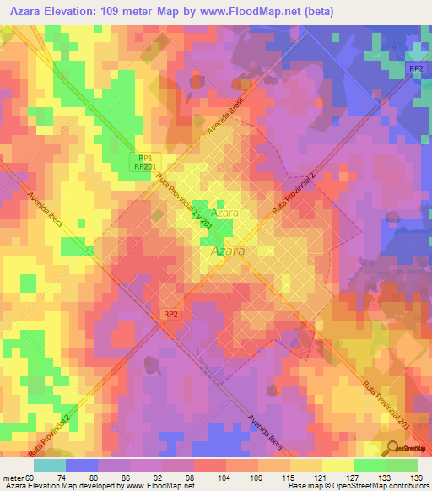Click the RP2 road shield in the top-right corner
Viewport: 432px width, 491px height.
[414, 68]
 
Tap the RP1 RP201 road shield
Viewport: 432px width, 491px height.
[146, 162]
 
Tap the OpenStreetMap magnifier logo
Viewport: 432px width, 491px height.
[393, 447]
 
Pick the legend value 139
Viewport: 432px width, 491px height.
[415, 477]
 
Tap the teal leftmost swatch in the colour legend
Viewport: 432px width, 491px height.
[49, 465]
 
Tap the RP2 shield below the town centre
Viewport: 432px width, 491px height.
[170, 313]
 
